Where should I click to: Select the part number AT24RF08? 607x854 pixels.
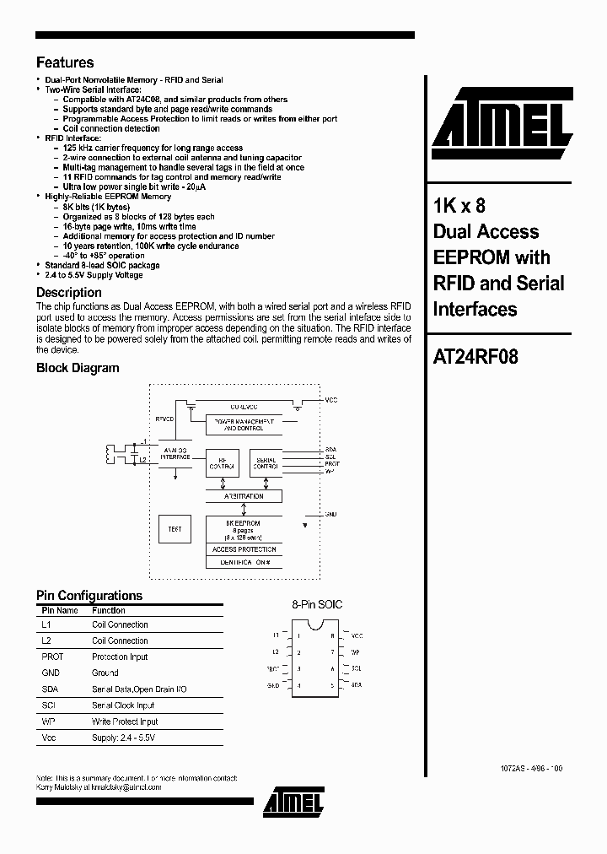click(475, 356)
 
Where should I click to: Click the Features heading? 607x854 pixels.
click(65, 62)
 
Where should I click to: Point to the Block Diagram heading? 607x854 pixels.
click(78, 368)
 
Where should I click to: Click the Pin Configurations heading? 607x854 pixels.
click(89, 595)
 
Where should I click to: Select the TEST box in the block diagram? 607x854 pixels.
click(175, 529)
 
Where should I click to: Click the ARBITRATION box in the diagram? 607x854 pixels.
click(244, 496)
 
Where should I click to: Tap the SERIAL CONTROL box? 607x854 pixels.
click(266, 462)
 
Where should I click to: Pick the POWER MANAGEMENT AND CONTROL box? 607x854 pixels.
click(243, 424)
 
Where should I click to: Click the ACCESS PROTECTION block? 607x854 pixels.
click(244, 549)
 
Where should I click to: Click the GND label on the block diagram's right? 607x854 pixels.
click(331, 513)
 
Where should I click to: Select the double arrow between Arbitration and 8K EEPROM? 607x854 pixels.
click(244, 510)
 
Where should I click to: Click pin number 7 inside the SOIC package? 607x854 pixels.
click(332, 652)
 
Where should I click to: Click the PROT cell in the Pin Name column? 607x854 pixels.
click(52, 657)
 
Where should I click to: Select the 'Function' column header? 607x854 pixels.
click(109, 610)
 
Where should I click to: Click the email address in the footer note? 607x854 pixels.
click(125, 786)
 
